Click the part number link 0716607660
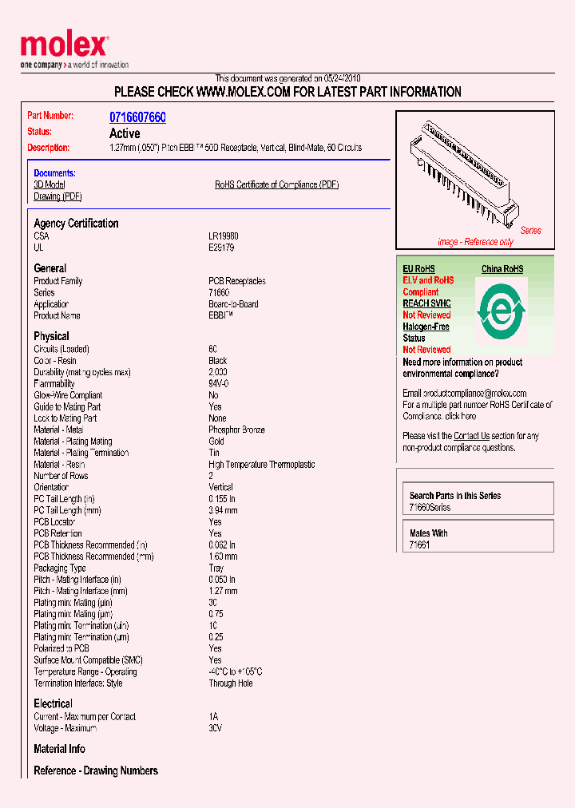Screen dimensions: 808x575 (137, 117)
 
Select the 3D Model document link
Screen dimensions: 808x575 (50, 184)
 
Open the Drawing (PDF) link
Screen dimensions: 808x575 (57, 196)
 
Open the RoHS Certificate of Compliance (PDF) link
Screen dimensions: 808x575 (276, 184)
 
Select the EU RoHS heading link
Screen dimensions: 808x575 (418, 269)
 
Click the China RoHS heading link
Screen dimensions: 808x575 (502, 269)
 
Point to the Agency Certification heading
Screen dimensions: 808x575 (76, 224)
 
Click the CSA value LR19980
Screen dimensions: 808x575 (224, 236)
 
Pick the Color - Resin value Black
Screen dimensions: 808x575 (218, 361)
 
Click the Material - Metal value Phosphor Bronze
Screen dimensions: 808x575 (236, 430)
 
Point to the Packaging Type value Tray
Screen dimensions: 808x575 (216, 568)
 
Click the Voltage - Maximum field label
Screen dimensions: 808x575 (65, 728)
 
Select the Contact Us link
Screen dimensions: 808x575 (471, 436)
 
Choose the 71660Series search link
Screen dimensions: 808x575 (430, 508)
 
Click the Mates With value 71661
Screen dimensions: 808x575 (419, 545)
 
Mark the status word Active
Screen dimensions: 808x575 (125, 133)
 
